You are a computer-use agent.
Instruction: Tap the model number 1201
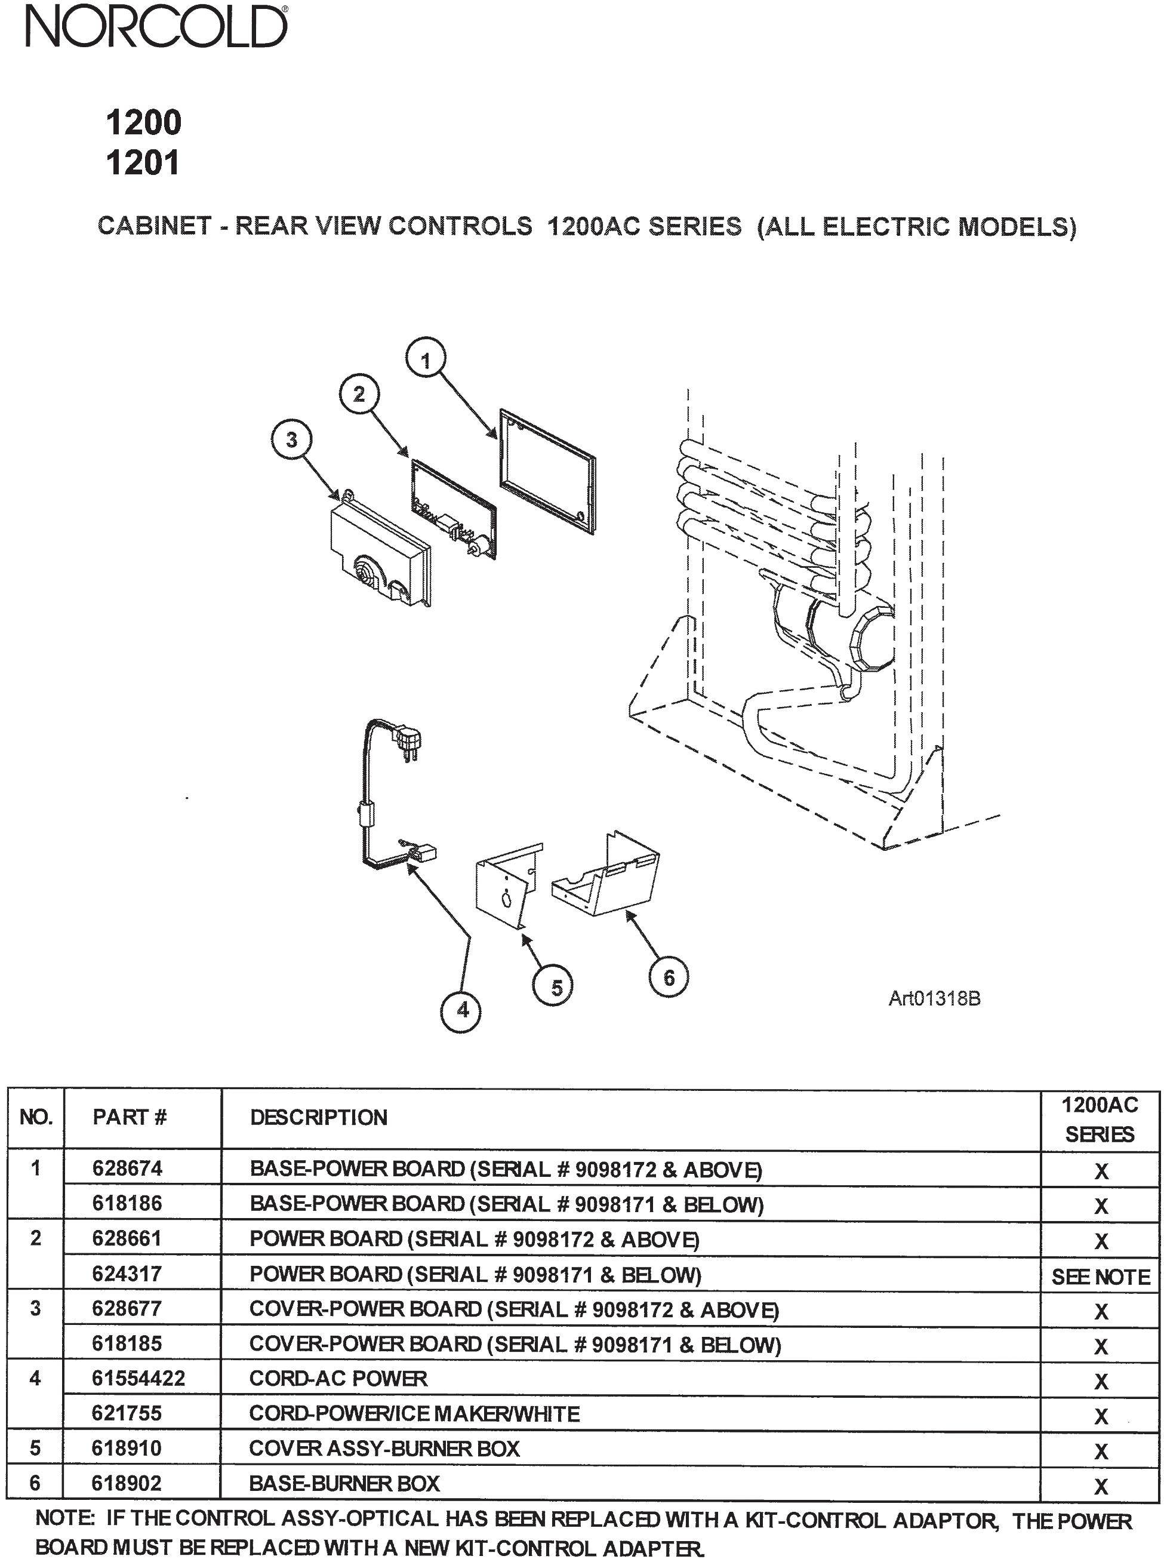pyautogui.click(x=143, y=163)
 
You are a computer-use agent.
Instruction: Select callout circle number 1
pyautogui.click(x=426, y=361)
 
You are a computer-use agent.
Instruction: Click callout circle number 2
pyautogui.click(x=359, y=394)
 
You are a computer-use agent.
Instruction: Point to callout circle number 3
pyautogui.click(x=291, y=440)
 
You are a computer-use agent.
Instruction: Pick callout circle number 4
pyautogui.click(x=462, y=1010)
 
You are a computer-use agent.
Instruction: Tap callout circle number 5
pyautogui.click(x=556, y=988)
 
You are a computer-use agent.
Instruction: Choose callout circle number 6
pyautogui.click(x=668, y=977)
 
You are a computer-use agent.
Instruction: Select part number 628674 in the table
pyautogui.click(x=128, y=1169)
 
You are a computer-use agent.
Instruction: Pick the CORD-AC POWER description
pyautogui.click(x=338, y=1379)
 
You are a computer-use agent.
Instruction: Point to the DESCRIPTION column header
pyautogui.click(x=319, y=1117)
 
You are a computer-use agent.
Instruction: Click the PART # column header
pyautogui.click(x=130, y=1117)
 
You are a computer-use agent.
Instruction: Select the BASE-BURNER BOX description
pyautogui.click(x=344, y=1483)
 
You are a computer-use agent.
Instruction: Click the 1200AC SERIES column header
pyautogui.click(x=1100, y=1119)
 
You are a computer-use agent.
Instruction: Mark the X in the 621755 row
pyautogui.click(x=1101, y=1416)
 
